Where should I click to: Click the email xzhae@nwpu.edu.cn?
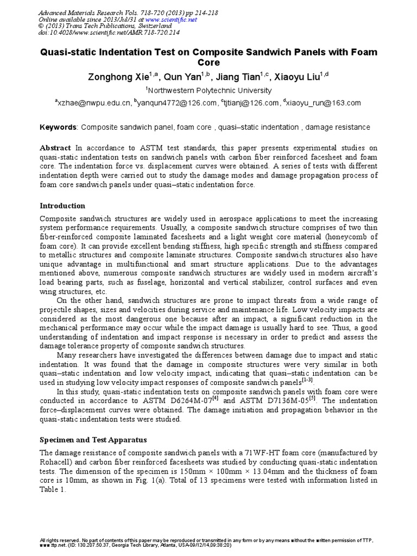point(101,103)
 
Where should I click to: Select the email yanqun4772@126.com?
point(176,103)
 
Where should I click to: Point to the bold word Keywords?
point(59,127)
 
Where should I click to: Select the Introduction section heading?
point(63,206)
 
